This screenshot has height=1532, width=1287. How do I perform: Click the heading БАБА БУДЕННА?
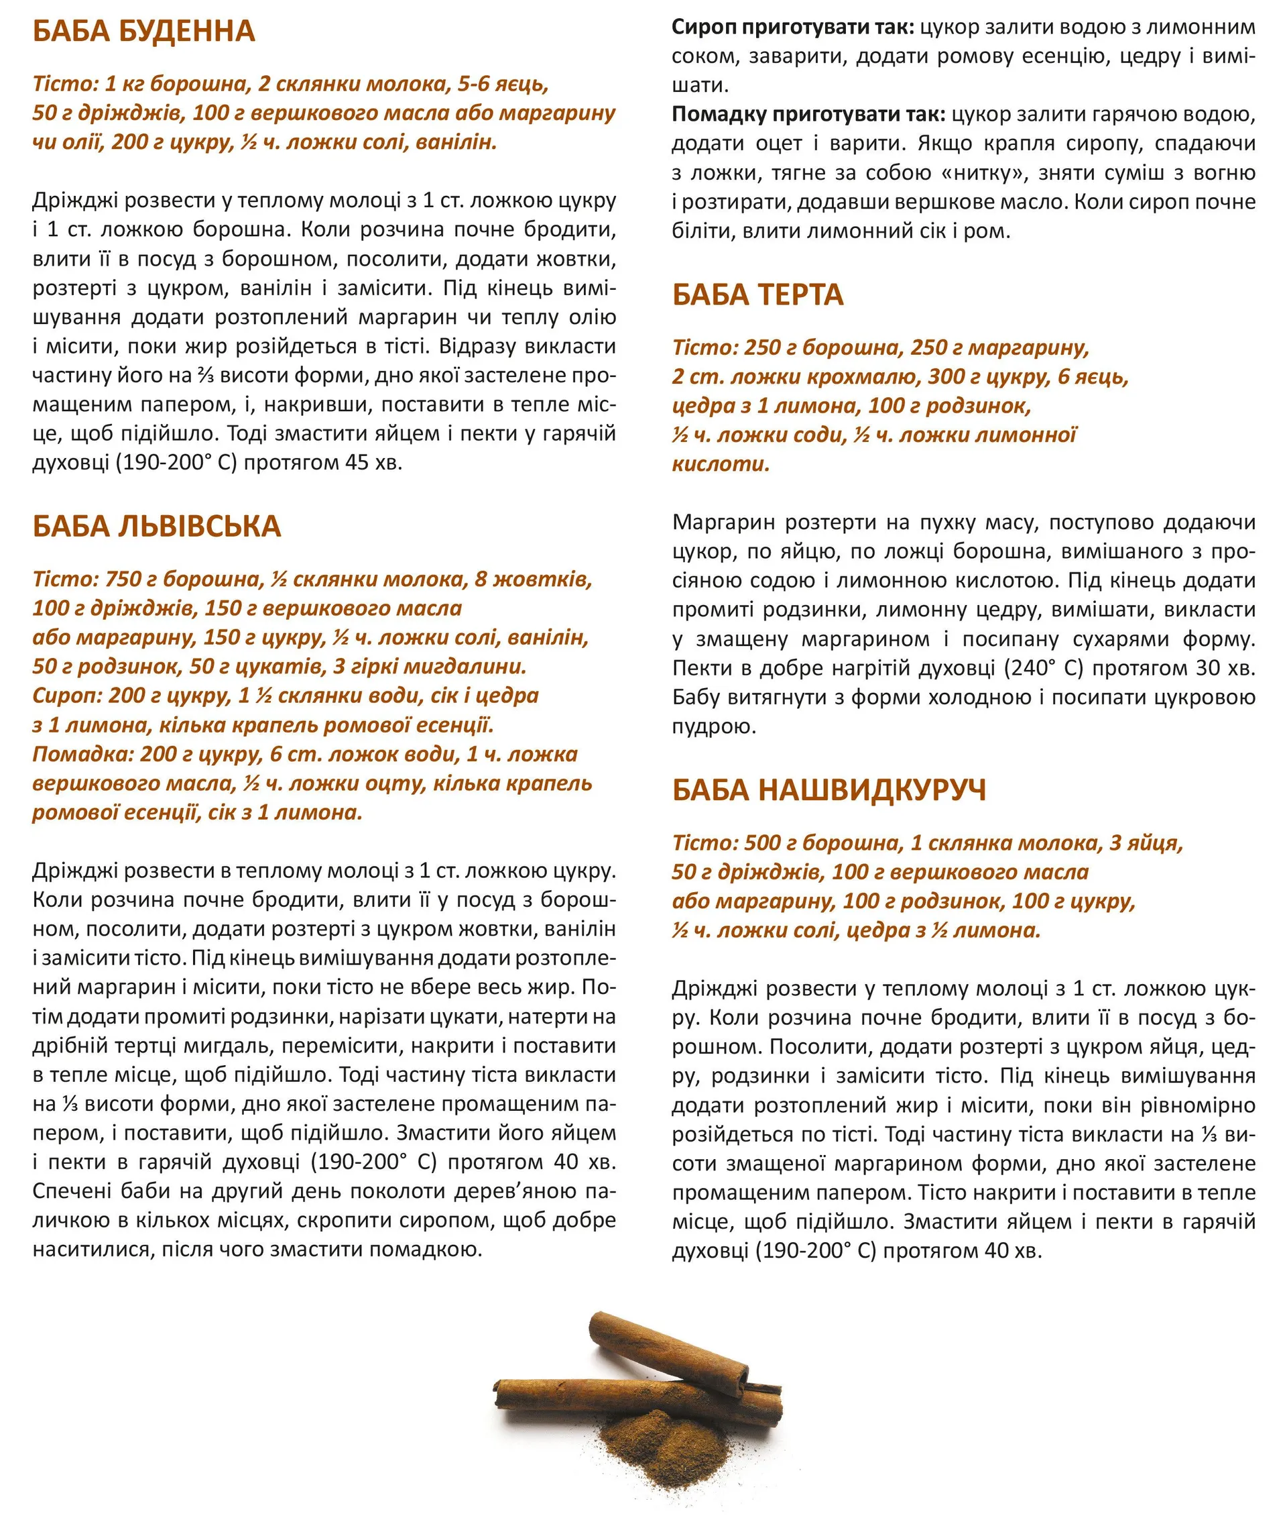pyautogui.click(x=143, y=32)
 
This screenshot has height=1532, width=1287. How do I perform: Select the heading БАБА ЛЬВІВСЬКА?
pyautogui.click(x=156, y=527)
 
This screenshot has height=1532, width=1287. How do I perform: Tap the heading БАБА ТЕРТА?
pyautogui.click(x=757, y=295)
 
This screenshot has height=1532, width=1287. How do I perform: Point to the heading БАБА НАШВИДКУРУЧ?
pyautogui.click(x=829, y=790)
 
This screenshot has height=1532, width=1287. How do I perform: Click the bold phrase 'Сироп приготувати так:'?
pyautogui.click(x=792, y=28)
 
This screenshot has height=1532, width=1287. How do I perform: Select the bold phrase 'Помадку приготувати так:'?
pyautogui.click(x=808, y=115)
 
